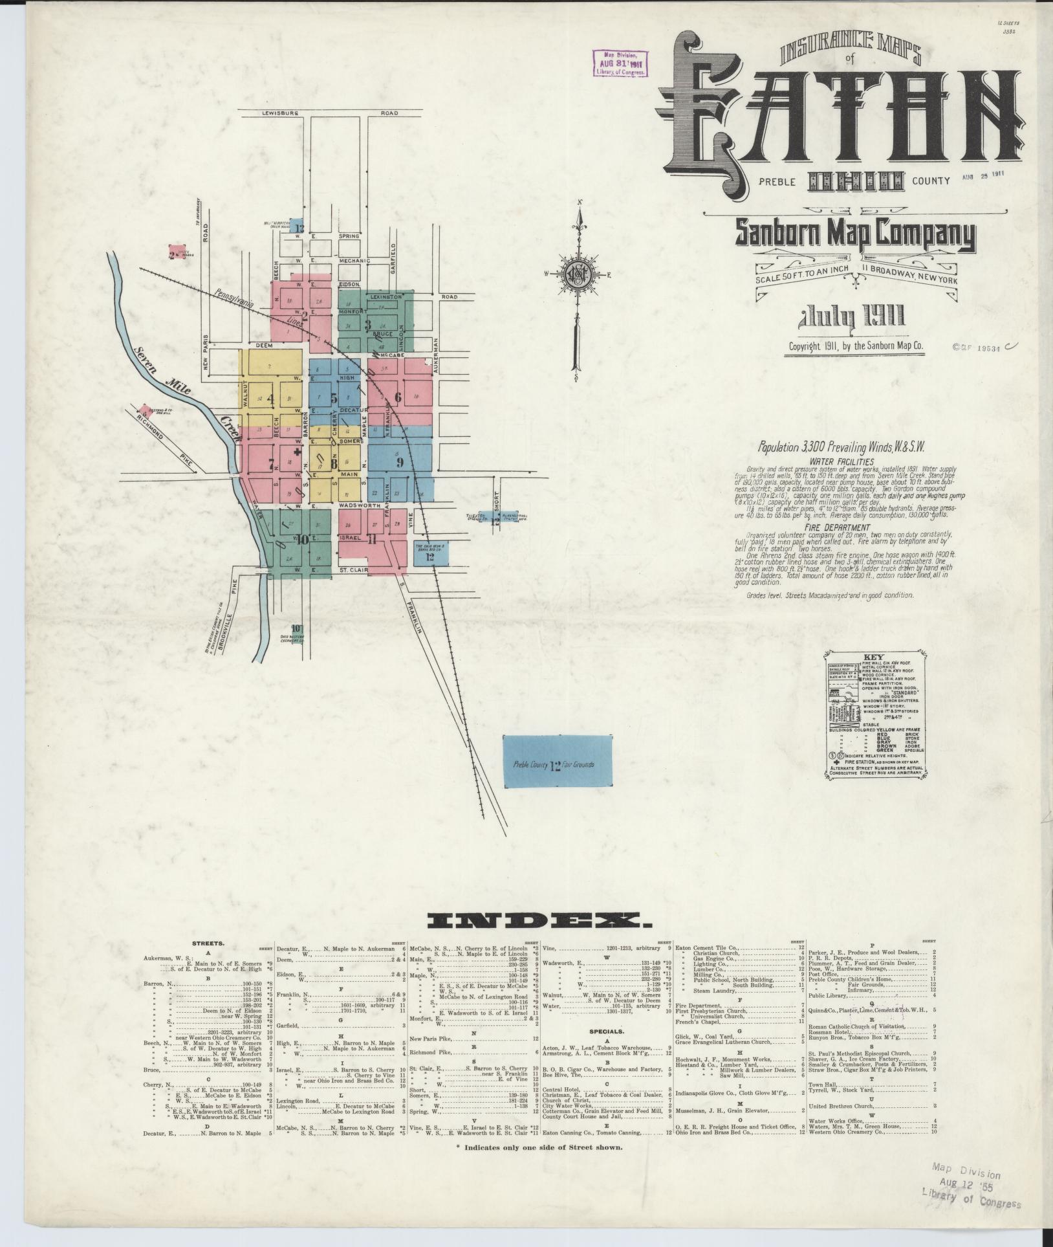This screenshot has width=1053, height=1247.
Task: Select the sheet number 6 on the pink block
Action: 398,397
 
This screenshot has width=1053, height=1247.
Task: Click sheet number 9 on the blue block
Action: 400,462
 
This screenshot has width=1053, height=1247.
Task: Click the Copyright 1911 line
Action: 856,346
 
